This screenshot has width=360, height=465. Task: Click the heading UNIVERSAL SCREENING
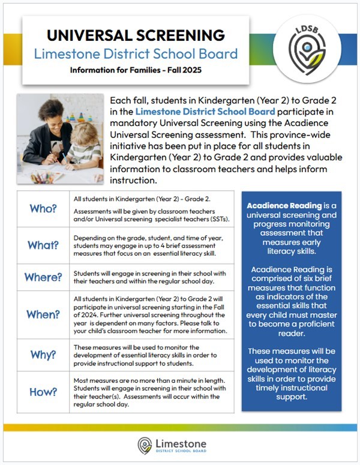[x=136, y=35]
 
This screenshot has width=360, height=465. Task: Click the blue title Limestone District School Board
[x=136, y=53]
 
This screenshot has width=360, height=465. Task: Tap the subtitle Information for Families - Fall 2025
[x=136, y=70]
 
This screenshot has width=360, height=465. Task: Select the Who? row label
[x=43, y=208]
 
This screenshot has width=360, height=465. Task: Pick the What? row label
[x=43, y=245]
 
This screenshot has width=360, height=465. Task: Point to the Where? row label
[x=43, y=277]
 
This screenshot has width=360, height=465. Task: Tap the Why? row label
[x=43, y=355]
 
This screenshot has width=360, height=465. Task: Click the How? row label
[x=43, y=391]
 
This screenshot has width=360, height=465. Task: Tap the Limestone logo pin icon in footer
[x=145, y=445]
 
